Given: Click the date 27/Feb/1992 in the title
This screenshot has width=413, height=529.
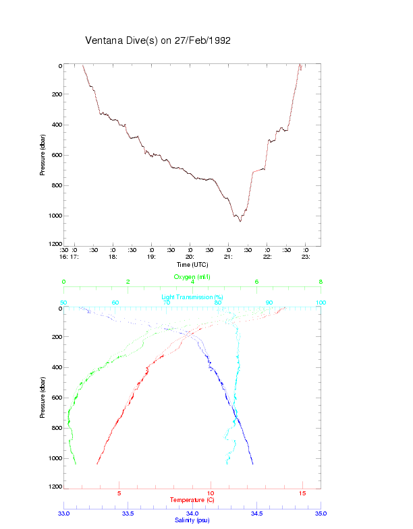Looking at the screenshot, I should tap(202, 40).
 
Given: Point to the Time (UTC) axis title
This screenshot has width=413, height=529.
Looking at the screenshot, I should tap(192, 265).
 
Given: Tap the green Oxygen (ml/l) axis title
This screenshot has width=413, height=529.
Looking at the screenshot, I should tap(192, 277).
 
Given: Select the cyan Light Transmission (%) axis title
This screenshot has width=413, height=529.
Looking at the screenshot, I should tap(192, 297).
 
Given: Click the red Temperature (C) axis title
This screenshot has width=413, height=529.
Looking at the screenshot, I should tap(192, 500).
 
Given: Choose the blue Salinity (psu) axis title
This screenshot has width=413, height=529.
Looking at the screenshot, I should tap(192, 520).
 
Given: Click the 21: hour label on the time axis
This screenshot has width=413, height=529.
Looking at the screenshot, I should tap(229, 257).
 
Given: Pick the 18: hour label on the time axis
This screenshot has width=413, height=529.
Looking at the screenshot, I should tap(113, 257).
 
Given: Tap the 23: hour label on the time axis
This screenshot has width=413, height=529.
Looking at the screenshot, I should tap(306, 257).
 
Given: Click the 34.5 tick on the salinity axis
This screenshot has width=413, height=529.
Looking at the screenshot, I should tap(256, 514).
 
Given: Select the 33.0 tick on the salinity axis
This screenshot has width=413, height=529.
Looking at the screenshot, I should tap(64, 514).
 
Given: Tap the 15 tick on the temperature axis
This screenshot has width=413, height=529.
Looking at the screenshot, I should tap(302, 493).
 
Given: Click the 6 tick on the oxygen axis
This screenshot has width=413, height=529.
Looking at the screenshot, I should tap(256, 282).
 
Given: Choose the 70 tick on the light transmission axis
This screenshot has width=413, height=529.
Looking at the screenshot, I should tap(167, 303).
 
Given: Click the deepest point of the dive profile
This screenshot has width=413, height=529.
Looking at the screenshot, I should tap(240, 221).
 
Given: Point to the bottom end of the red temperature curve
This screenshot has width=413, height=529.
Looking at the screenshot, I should tap(97, 464).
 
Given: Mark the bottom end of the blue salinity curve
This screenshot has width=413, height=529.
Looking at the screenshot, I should tap(252, 464).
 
